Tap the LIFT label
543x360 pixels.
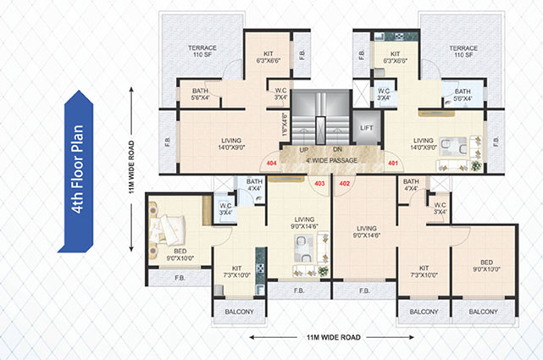point(366,128)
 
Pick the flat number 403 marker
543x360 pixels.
point(319,181)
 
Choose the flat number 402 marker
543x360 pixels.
point(345,181)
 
